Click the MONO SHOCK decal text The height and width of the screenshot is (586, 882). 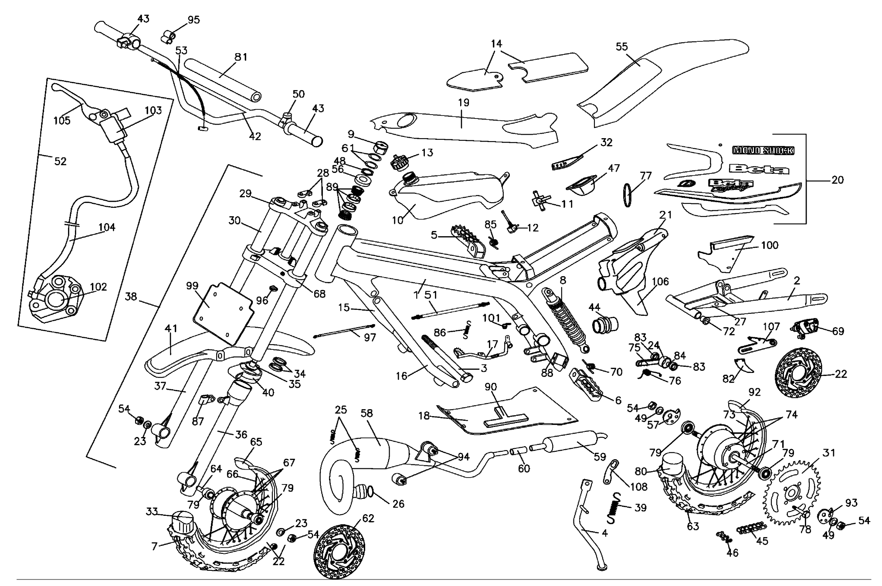pos(763,150)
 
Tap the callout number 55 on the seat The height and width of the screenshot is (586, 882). pos(622,47)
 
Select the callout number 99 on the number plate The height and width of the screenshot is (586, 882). pos(192,286)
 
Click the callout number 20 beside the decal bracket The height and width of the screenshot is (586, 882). pos(837,180)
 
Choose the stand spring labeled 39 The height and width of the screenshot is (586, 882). pos(614,508)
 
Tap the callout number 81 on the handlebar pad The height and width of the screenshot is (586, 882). pos(241,57)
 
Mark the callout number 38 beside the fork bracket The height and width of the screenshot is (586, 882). pos(131,297)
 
